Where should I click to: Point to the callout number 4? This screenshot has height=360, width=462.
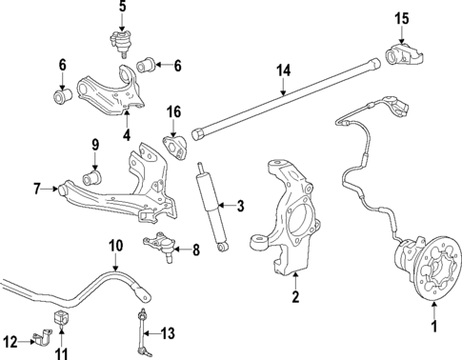coord(126,135)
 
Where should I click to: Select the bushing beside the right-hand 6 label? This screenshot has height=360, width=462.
coord(148,65)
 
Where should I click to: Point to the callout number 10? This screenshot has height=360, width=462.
coord(115,246)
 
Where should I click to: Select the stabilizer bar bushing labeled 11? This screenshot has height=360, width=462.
coord(62,316)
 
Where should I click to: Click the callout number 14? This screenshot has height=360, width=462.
coord(283,70)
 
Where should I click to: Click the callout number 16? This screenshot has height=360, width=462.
coord(174,112)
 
